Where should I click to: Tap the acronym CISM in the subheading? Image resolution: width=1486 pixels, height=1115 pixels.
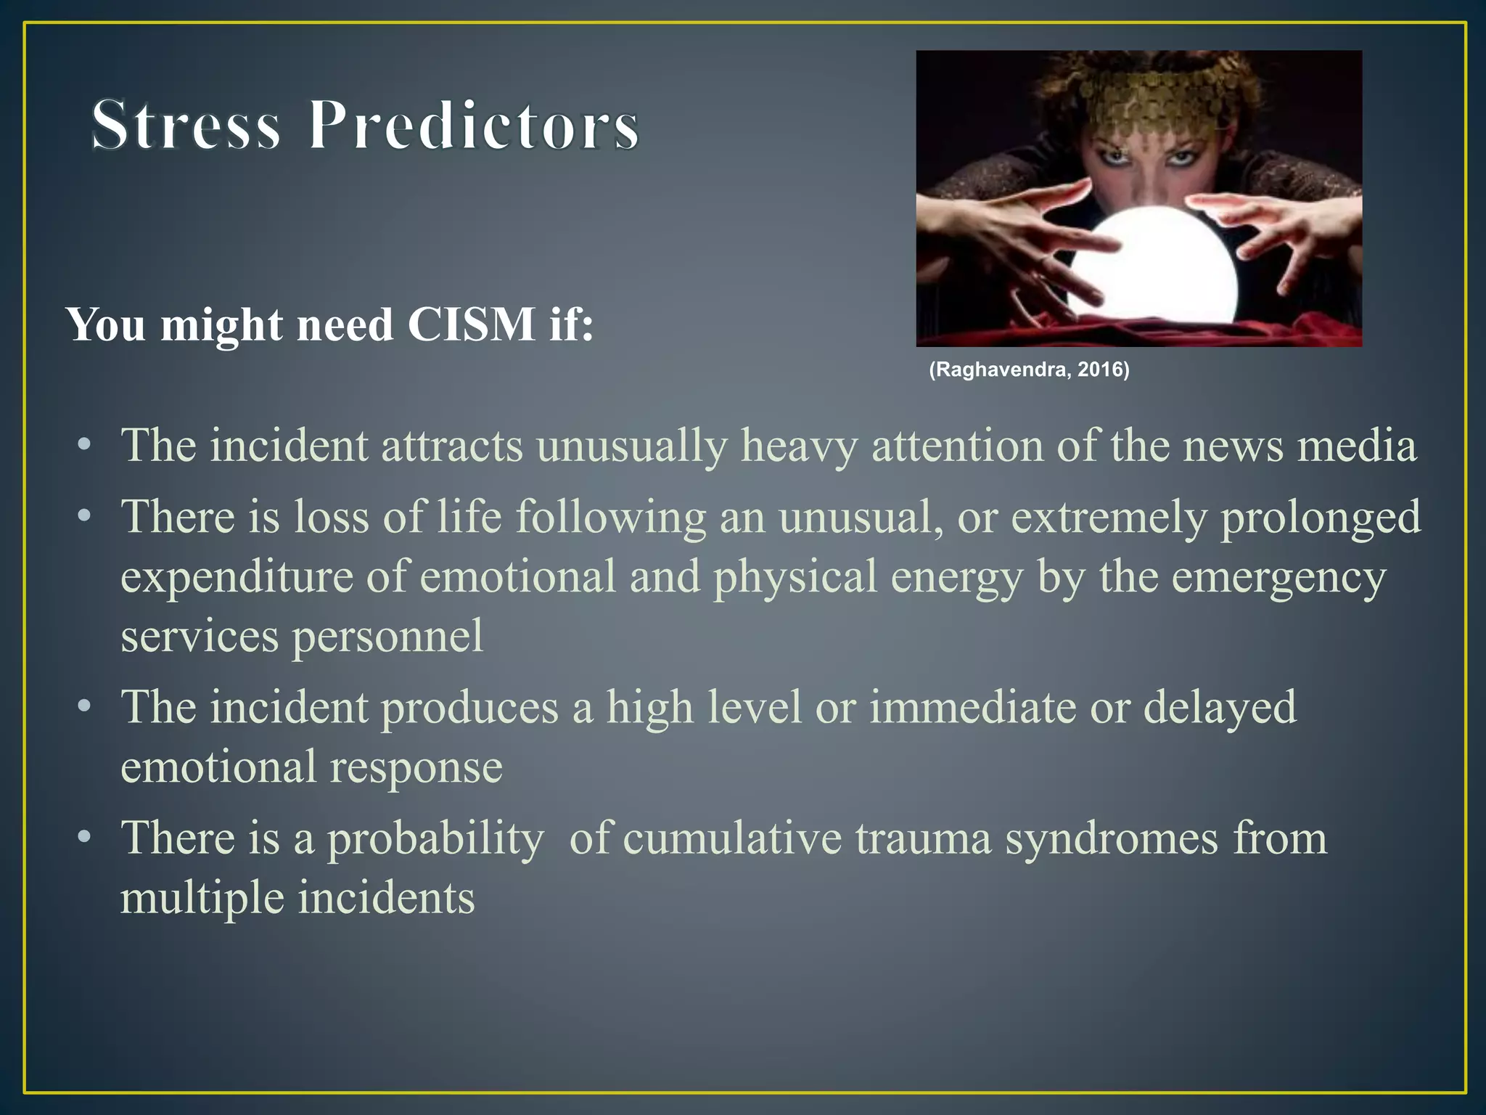coord(471,324)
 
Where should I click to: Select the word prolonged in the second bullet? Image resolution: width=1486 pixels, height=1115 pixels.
coord(1321,518)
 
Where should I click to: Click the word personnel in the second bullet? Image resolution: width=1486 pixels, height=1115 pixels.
coord(387,637)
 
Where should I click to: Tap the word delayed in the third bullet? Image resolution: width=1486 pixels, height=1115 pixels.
coord(1219,707)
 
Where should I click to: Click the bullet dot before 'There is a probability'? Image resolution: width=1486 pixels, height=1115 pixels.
coord(85,837)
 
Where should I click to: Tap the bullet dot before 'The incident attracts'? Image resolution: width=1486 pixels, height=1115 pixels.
coord(85,444)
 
